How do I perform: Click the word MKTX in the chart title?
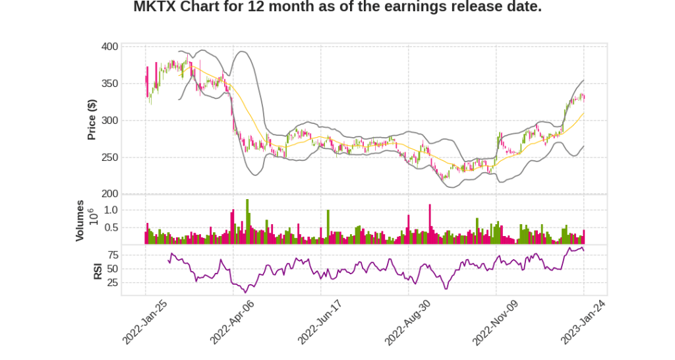click(x=154, y=7)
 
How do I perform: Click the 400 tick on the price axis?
click(x=110, y=47)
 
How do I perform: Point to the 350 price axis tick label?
click(x=110, y=84)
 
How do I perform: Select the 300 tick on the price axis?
click(x=110, y=121)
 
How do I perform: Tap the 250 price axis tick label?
click(x=110, y=158)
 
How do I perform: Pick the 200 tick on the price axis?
click(x=110, y=194)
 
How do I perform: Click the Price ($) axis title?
click(x=92, y=119)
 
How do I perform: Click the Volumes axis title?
click(x=80, y=220)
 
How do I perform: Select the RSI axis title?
click(x=98, y=270)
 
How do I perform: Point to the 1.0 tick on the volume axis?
click(x=111, y=210)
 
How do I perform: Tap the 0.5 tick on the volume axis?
click(x=111, y=228)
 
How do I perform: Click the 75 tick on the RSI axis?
click(x=113, y=255)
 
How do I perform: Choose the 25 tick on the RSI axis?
click(x=113, y=283)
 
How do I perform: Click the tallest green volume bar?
click(x=247, y=222)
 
